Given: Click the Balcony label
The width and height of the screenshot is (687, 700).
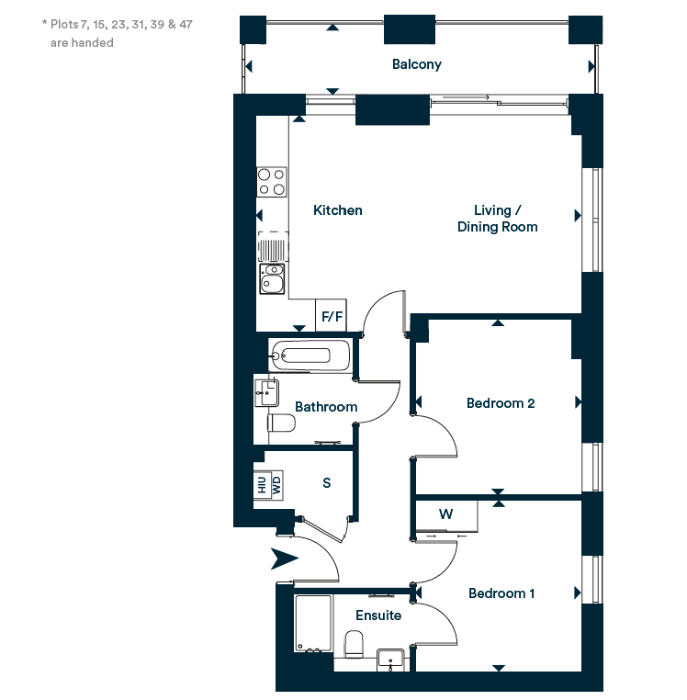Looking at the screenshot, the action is (x=416, y=64).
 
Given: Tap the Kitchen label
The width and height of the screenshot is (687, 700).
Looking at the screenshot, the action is (x=337, y=210).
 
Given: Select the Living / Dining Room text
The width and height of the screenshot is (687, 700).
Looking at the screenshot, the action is (x=497, y=219).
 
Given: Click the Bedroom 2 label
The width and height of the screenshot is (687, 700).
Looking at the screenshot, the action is (x=501, y=403).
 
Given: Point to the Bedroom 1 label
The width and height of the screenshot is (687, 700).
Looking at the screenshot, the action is (x=501, y=593).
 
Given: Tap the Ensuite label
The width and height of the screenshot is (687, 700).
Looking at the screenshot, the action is (x=378, y=615).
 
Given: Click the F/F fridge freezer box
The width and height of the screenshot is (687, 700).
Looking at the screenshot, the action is (x=332, y=316).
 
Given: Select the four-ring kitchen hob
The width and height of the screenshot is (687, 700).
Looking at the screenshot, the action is (x=272, y=182).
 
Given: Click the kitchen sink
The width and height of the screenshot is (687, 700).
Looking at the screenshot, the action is (x=272, y=278).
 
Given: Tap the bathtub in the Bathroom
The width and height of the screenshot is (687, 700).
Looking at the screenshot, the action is (x=309, y=356).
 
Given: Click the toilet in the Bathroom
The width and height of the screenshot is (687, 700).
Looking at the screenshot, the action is (x=281, y=423).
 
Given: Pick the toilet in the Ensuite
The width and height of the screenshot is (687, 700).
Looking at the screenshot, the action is (x=354, y=644).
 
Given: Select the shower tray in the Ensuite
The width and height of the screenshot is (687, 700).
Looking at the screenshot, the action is (x=313, y=623).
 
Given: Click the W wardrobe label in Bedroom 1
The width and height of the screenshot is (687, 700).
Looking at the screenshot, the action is (x=446, y=514).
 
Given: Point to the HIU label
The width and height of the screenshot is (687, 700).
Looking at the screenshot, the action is (x=262, y=485).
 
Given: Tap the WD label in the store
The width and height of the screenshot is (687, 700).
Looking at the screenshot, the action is (x=276, y=485).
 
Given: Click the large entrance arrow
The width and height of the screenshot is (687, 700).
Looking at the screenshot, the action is (x=285, y=559).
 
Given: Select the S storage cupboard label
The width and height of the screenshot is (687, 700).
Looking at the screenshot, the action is (x=327, y=482).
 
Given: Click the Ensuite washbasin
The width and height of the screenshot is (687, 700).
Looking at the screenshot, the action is (x=390, y=660).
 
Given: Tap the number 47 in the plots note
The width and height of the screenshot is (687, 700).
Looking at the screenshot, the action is (x=186, y=24).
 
